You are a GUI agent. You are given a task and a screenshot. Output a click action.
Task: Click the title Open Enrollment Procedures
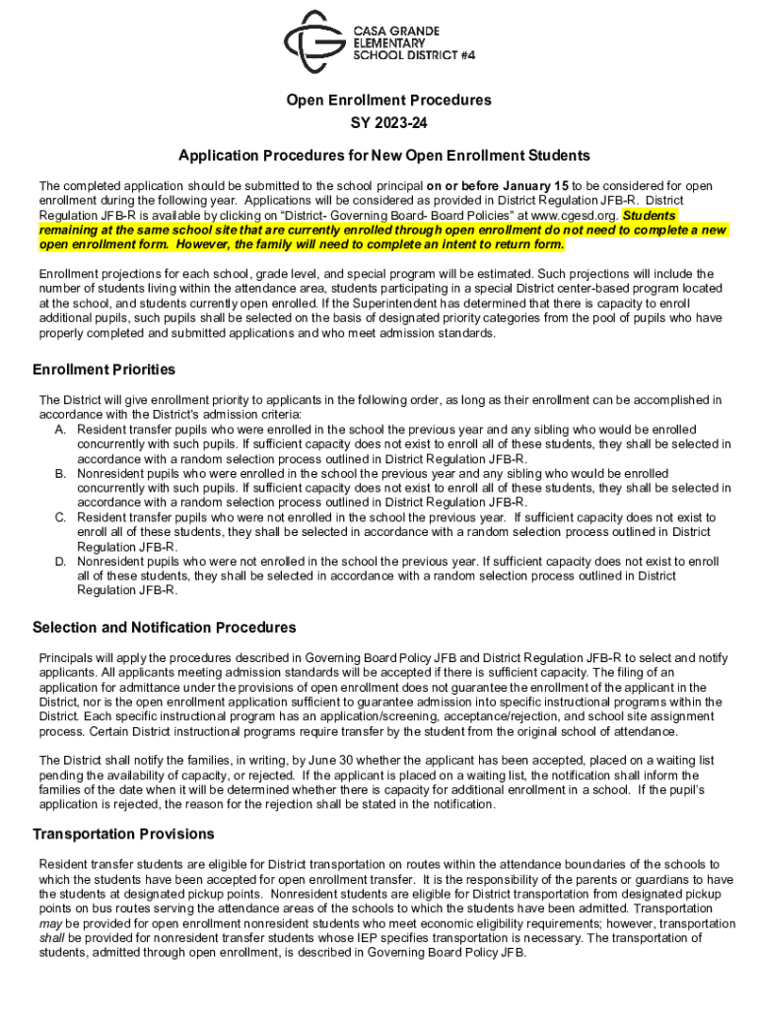[x=388, y=101]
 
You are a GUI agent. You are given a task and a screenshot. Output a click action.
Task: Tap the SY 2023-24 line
[x=388, y=124]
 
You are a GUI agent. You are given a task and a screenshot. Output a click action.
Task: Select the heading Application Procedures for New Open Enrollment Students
[x=384, y=156]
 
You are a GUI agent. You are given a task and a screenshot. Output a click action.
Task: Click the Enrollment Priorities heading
[x=104, y=370]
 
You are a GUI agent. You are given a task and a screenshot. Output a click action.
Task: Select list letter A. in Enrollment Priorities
[x=61, y=430]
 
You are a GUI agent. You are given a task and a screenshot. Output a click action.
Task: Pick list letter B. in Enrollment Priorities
[x=61, y=474]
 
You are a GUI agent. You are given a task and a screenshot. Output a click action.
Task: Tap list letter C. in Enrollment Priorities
[x=61, y=517]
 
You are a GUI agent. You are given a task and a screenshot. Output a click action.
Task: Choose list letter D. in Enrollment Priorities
[x=61, y=561]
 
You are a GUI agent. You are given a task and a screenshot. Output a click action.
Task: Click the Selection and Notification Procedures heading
[x=165, y=628]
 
